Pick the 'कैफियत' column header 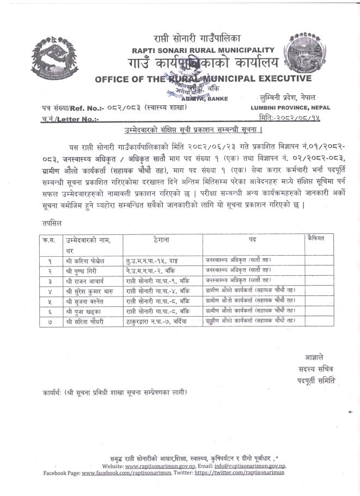coord(315,238)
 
